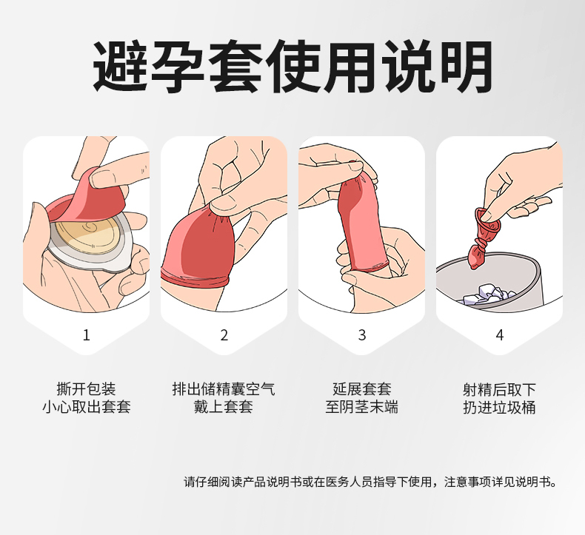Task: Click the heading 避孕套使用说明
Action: (292, 68)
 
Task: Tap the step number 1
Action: (86, 335)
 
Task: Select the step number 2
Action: (224, 335)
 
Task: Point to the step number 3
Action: (361, 335)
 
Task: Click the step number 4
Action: (499, 335)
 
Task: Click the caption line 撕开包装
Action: (86, 389)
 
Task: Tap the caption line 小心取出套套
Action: (86, 407)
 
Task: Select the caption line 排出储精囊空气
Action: (224, 389)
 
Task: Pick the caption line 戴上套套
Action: (224, 407)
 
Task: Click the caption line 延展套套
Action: (361, 389)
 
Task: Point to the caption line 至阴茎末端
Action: (361, 407)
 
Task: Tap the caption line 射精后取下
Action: (499, 389)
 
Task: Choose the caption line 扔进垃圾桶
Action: (499, 407)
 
